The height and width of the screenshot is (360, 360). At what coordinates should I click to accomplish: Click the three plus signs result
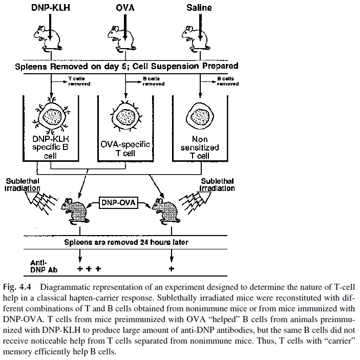click(88, 268)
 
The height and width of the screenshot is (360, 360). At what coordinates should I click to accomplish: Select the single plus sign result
click(171, 268)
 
